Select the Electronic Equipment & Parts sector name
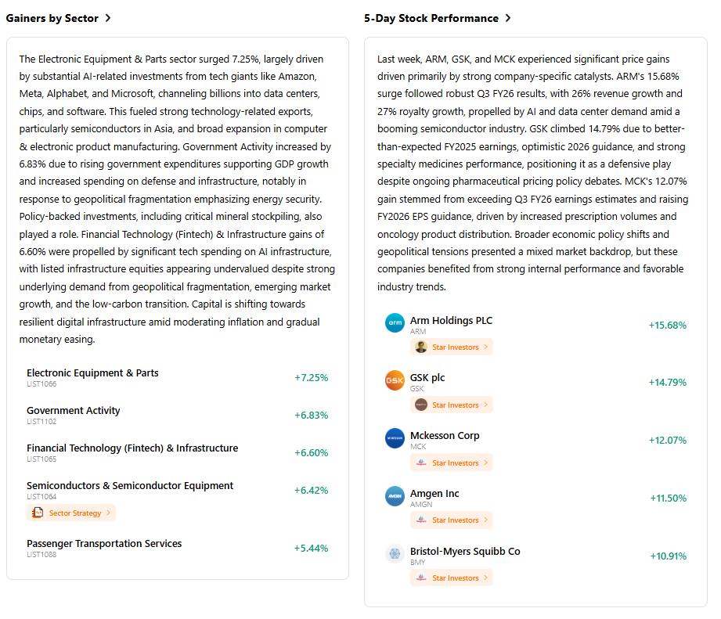point(92,372)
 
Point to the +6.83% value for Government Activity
point(311,415)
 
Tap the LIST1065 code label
point(41,459)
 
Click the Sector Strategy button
point(71,513)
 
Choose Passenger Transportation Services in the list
point(104,543)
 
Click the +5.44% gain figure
point(311,548)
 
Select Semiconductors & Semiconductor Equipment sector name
point(130,485)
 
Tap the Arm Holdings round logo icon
point(395,322)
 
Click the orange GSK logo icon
point(395,380)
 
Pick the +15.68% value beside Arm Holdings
point(667,325)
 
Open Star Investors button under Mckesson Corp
point(452,462)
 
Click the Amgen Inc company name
point(434,493)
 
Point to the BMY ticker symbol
point(418,563)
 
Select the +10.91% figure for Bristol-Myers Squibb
point(668,556)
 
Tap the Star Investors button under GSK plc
point(452,405)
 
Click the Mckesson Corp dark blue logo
point(395,438)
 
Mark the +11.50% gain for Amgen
point(668,498)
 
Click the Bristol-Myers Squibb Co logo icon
point(395,554)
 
